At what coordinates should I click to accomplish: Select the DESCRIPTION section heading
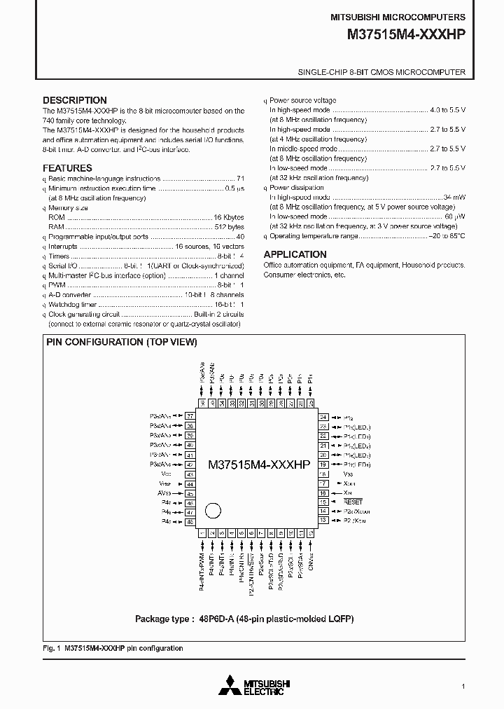click(x=75, y=100)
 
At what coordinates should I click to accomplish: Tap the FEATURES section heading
click(x=67, y=168)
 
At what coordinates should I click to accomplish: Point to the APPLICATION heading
click(x=295, y=254)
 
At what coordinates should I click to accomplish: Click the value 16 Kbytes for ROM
click(x=229, y=218)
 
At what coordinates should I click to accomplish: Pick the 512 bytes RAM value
click(x=229, y=227)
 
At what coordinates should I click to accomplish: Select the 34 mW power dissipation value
click(x=454, y=198)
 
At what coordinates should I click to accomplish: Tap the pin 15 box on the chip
click(x=323, y=502)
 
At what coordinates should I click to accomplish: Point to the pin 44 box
click(x=189, y=483)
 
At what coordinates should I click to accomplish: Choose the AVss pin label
click(x=165, y=493)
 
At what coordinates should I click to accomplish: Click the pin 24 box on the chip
click(x=323, y=417)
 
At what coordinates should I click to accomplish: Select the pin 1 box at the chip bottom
click(x=202, y=533)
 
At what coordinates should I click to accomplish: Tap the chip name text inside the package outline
click(x=259, y=464)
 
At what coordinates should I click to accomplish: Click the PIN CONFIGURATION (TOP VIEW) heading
click(x=121, y=342)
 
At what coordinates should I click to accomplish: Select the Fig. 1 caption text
click(x=113, y=648)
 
